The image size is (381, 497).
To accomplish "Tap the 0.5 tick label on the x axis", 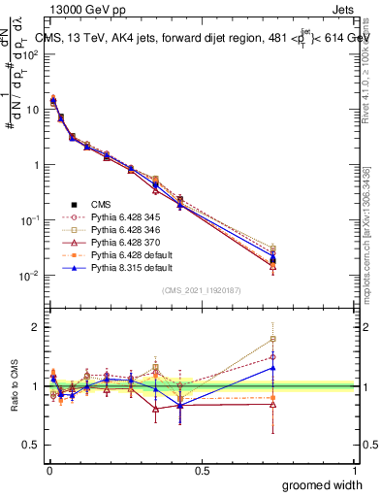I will point(202,471).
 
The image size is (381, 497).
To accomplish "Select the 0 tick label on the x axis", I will point(48,471).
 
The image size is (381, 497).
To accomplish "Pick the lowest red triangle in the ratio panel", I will point(155,409).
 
